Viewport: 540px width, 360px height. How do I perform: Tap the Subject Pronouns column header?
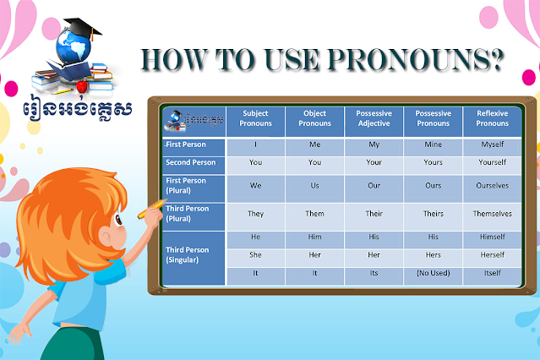[x=255, y=119]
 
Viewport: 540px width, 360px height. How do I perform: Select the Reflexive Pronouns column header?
[x=492, y=119]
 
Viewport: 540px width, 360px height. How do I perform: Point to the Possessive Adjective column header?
[x=374, y=119]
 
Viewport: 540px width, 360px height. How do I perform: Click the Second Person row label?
[x=193, y=162]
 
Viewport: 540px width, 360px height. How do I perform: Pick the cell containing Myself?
[x=492, y=145]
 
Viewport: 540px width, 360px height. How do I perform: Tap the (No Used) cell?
[x=433, y=273]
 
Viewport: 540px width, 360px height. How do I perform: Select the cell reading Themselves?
[x=492, y=215]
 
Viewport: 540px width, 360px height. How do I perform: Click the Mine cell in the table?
[x=433, y=145]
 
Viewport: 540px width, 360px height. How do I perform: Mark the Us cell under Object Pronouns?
[x=314, y=184]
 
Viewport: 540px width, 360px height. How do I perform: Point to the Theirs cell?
[x=433, y=215]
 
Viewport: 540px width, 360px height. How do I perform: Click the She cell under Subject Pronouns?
[x=255, y=254]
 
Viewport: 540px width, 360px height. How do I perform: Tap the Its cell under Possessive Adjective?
[x=374, y=273]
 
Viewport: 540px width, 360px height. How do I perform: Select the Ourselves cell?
[x=492, y=184]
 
